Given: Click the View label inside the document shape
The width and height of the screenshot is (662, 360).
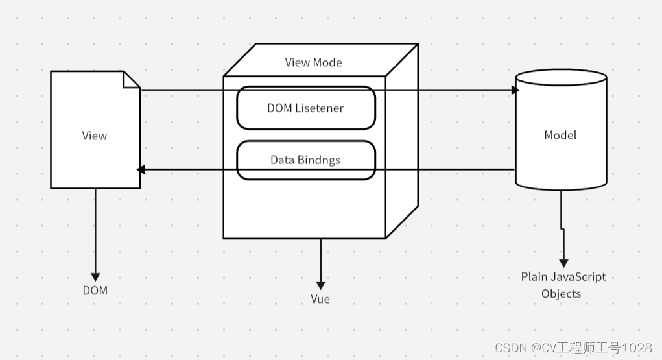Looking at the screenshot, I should point(94,136).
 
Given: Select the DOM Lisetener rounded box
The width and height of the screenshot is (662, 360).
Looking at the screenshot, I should point(305,108).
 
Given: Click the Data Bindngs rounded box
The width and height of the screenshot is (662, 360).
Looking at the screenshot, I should point(305,160).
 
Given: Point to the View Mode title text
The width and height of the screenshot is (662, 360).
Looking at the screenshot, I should point(313,62).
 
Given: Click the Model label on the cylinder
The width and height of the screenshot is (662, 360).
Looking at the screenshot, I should point(560,135).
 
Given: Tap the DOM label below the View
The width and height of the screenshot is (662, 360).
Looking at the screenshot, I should point(95,290).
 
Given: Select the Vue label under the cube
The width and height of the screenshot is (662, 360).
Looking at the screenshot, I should point(320,299).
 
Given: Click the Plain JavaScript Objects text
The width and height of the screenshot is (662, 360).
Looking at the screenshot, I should point(563,285).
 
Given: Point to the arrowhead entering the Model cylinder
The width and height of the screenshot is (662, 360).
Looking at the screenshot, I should point(516,90).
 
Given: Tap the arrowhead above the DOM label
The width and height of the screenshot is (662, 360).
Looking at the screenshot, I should point(95,276).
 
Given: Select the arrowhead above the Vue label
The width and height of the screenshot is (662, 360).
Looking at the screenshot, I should point(320,285).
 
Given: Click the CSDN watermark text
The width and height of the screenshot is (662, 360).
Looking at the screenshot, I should point(573,348).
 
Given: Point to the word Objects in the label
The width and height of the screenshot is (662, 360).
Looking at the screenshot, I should point(562,294).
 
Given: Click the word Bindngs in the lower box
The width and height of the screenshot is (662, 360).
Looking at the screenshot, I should point(319,160).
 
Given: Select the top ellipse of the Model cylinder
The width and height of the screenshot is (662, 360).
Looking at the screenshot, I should point(561,77).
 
